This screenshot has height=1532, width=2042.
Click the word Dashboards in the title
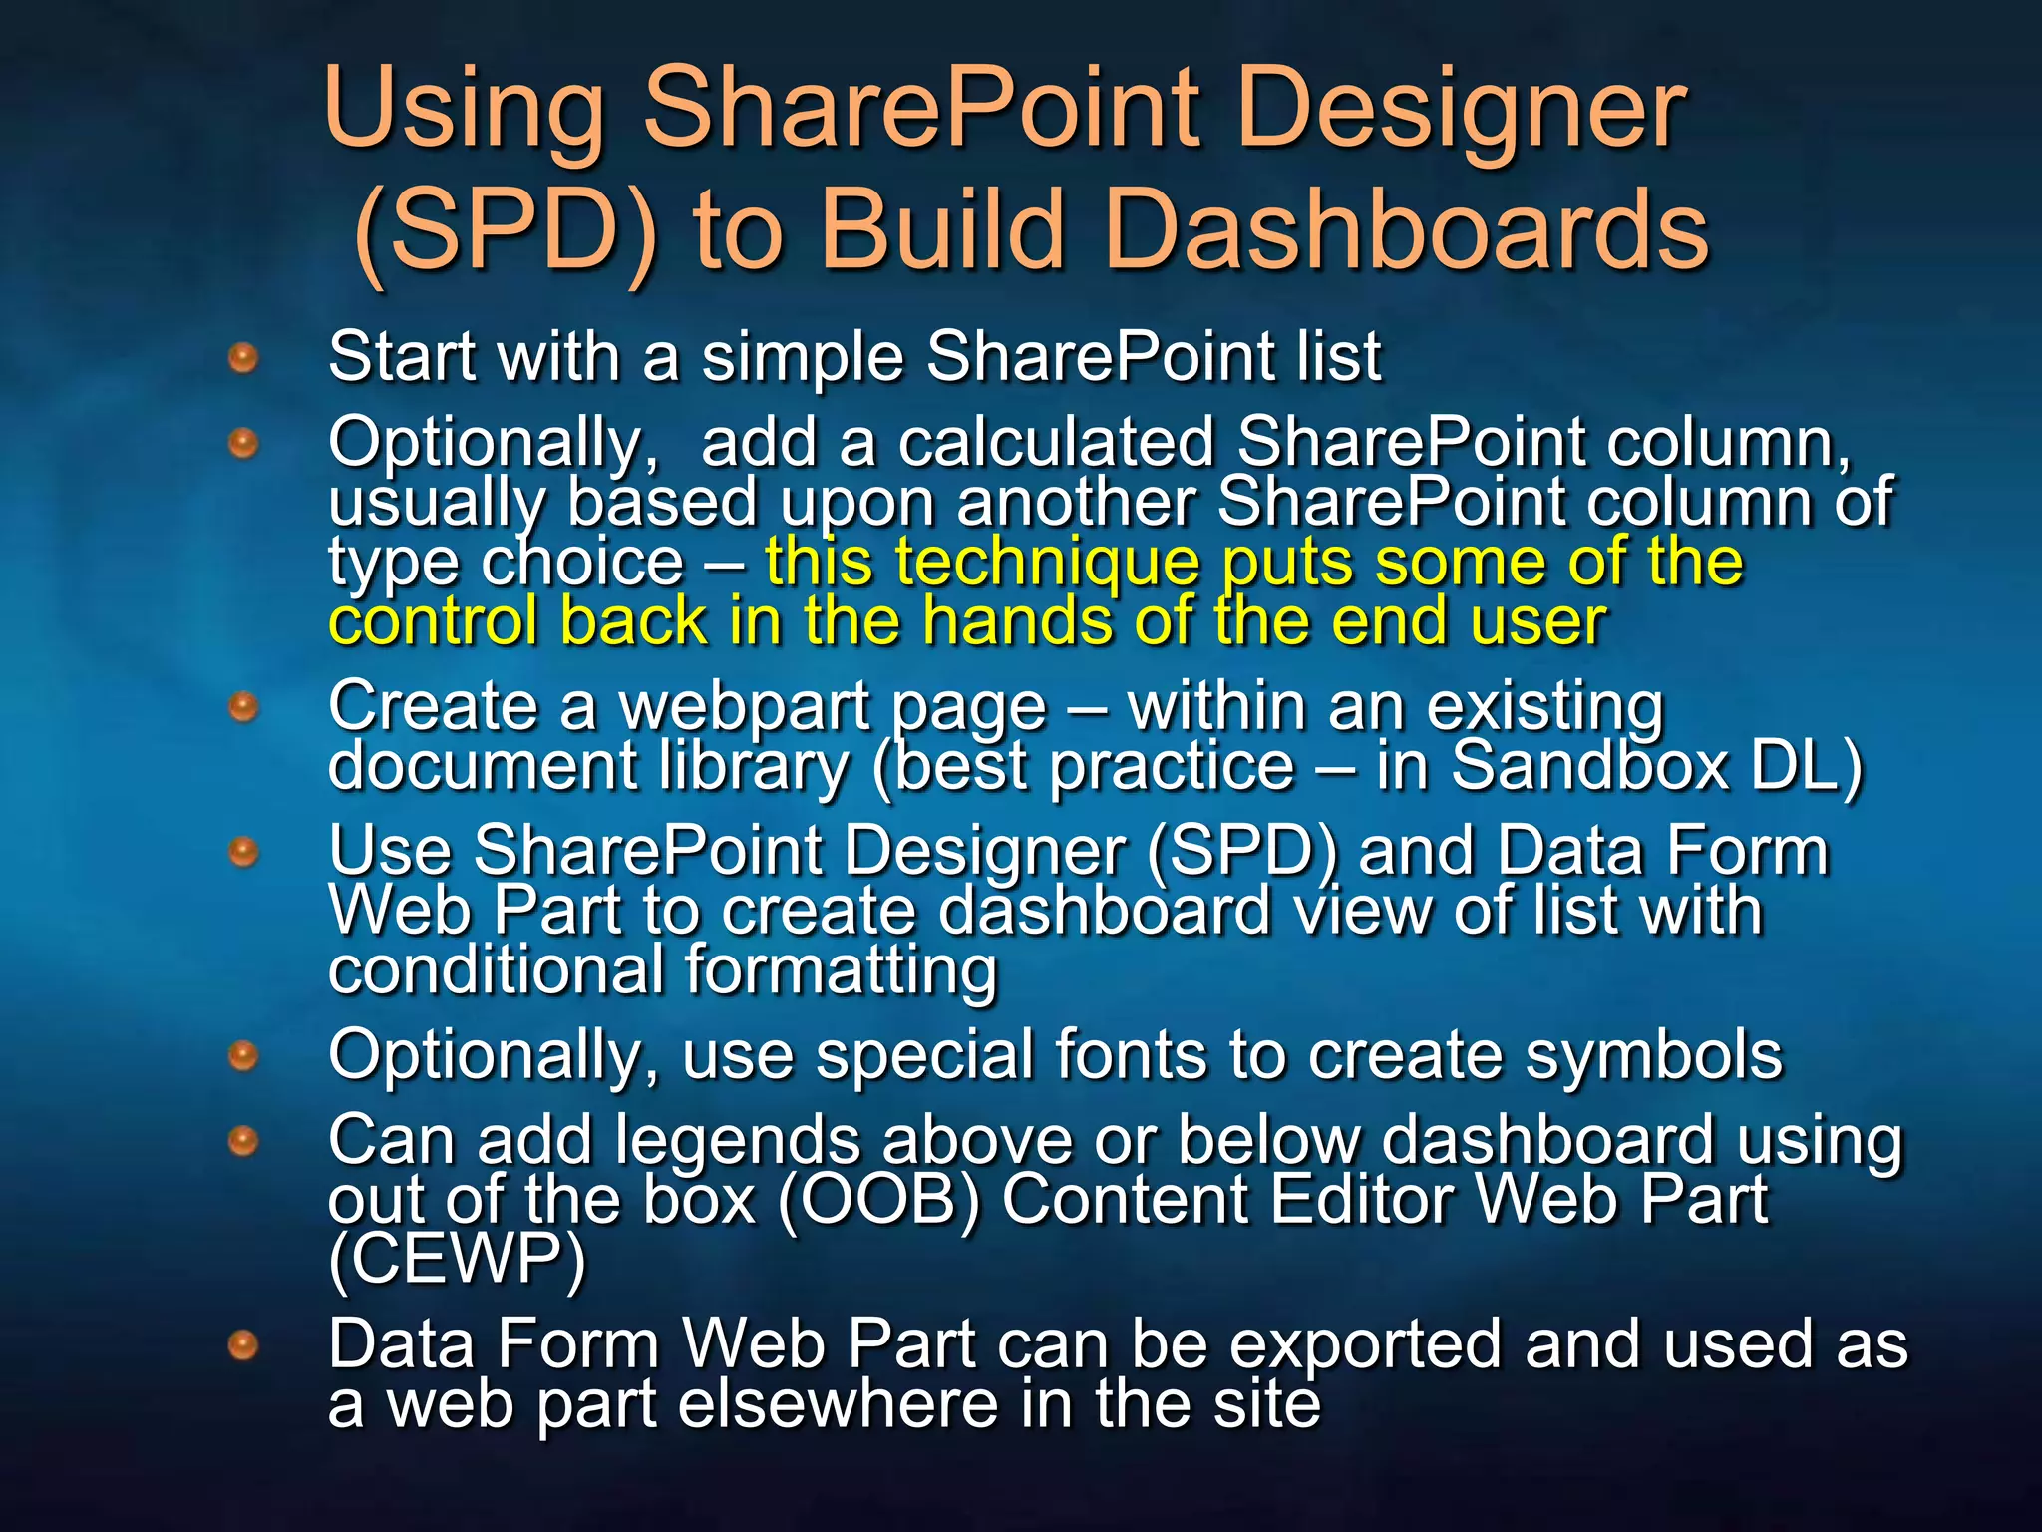click(1406, 231)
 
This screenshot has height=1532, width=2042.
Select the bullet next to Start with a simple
click(243, 357)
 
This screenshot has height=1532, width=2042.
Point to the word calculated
click(1056, 442)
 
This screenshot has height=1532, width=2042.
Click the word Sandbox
click(1590, 766)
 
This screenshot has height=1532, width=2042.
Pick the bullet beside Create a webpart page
click(243, 708)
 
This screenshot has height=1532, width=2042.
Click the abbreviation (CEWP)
click(457, 1259)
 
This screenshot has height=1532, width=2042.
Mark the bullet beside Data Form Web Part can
click(243, 1346)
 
